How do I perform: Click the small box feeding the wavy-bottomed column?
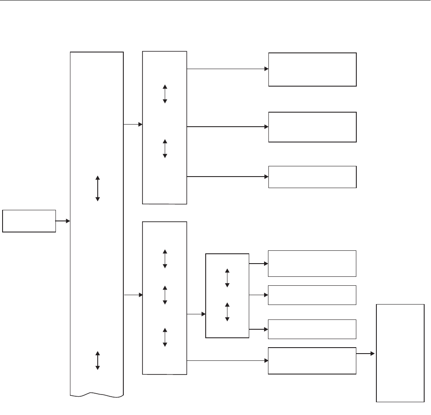click(x=29, y=221)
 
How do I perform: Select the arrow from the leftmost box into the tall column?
click(x=63, y=221)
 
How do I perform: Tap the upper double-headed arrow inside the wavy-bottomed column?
click(x=98, y=188)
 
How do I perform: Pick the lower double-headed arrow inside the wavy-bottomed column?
click(x=98, y=360)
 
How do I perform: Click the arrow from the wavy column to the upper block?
click(x=133, y=125)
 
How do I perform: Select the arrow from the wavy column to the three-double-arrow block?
click(x=133, y=295)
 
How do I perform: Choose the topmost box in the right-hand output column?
click(x=312, y=70)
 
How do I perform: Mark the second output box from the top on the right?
click(x=312, y=127)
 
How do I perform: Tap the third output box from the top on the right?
click(x=312, y=177)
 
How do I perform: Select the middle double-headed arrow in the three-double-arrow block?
click(x=165, y=295)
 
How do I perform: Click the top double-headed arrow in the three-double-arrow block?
click(x=165, y=259)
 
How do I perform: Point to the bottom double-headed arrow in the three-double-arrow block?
click(x=165, y=337)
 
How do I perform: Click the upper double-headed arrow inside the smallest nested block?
click(x=227, y=278)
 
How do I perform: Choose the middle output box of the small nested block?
click(x=312, y=295)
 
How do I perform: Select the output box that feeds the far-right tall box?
click(x=312, y=361)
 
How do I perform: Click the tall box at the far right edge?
click(x=400, y=353)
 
